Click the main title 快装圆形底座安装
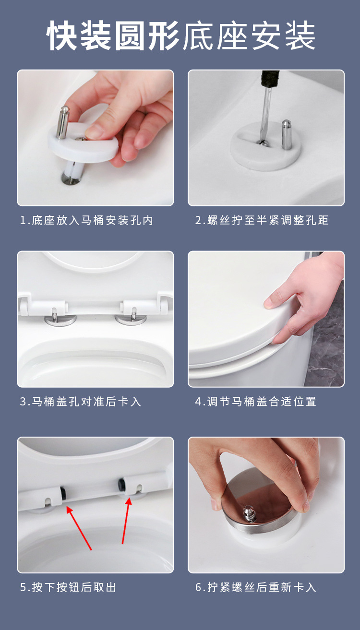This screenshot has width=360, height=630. [180, 36]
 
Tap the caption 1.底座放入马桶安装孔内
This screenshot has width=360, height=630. [86, 220]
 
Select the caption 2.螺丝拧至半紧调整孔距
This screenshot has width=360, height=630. [262, 220]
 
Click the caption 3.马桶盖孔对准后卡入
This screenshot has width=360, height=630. [81, 401]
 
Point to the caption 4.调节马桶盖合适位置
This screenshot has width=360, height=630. [256, 401]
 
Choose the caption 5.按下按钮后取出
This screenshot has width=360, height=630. [68, 587]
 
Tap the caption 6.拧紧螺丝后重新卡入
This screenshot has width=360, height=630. [256, 587]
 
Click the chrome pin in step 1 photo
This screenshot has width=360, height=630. [62, 122]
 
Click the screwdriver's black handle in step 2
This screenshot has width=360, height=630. [269, 79]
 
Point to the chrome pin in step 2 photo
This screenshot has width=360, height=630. [286, 134]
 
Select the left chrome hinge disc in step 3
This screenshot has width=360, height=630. [60, 320]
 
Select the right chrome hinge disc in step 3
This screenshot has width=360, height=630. [131, 320]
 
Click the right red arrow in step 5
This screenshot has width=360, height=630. [126, 521]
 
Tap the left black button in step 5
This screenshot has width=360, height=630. [63, 494]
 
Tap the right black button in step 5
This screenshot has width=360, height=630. [121, 485]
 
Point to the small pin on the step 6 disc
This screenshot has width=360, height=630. [249, 514]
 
